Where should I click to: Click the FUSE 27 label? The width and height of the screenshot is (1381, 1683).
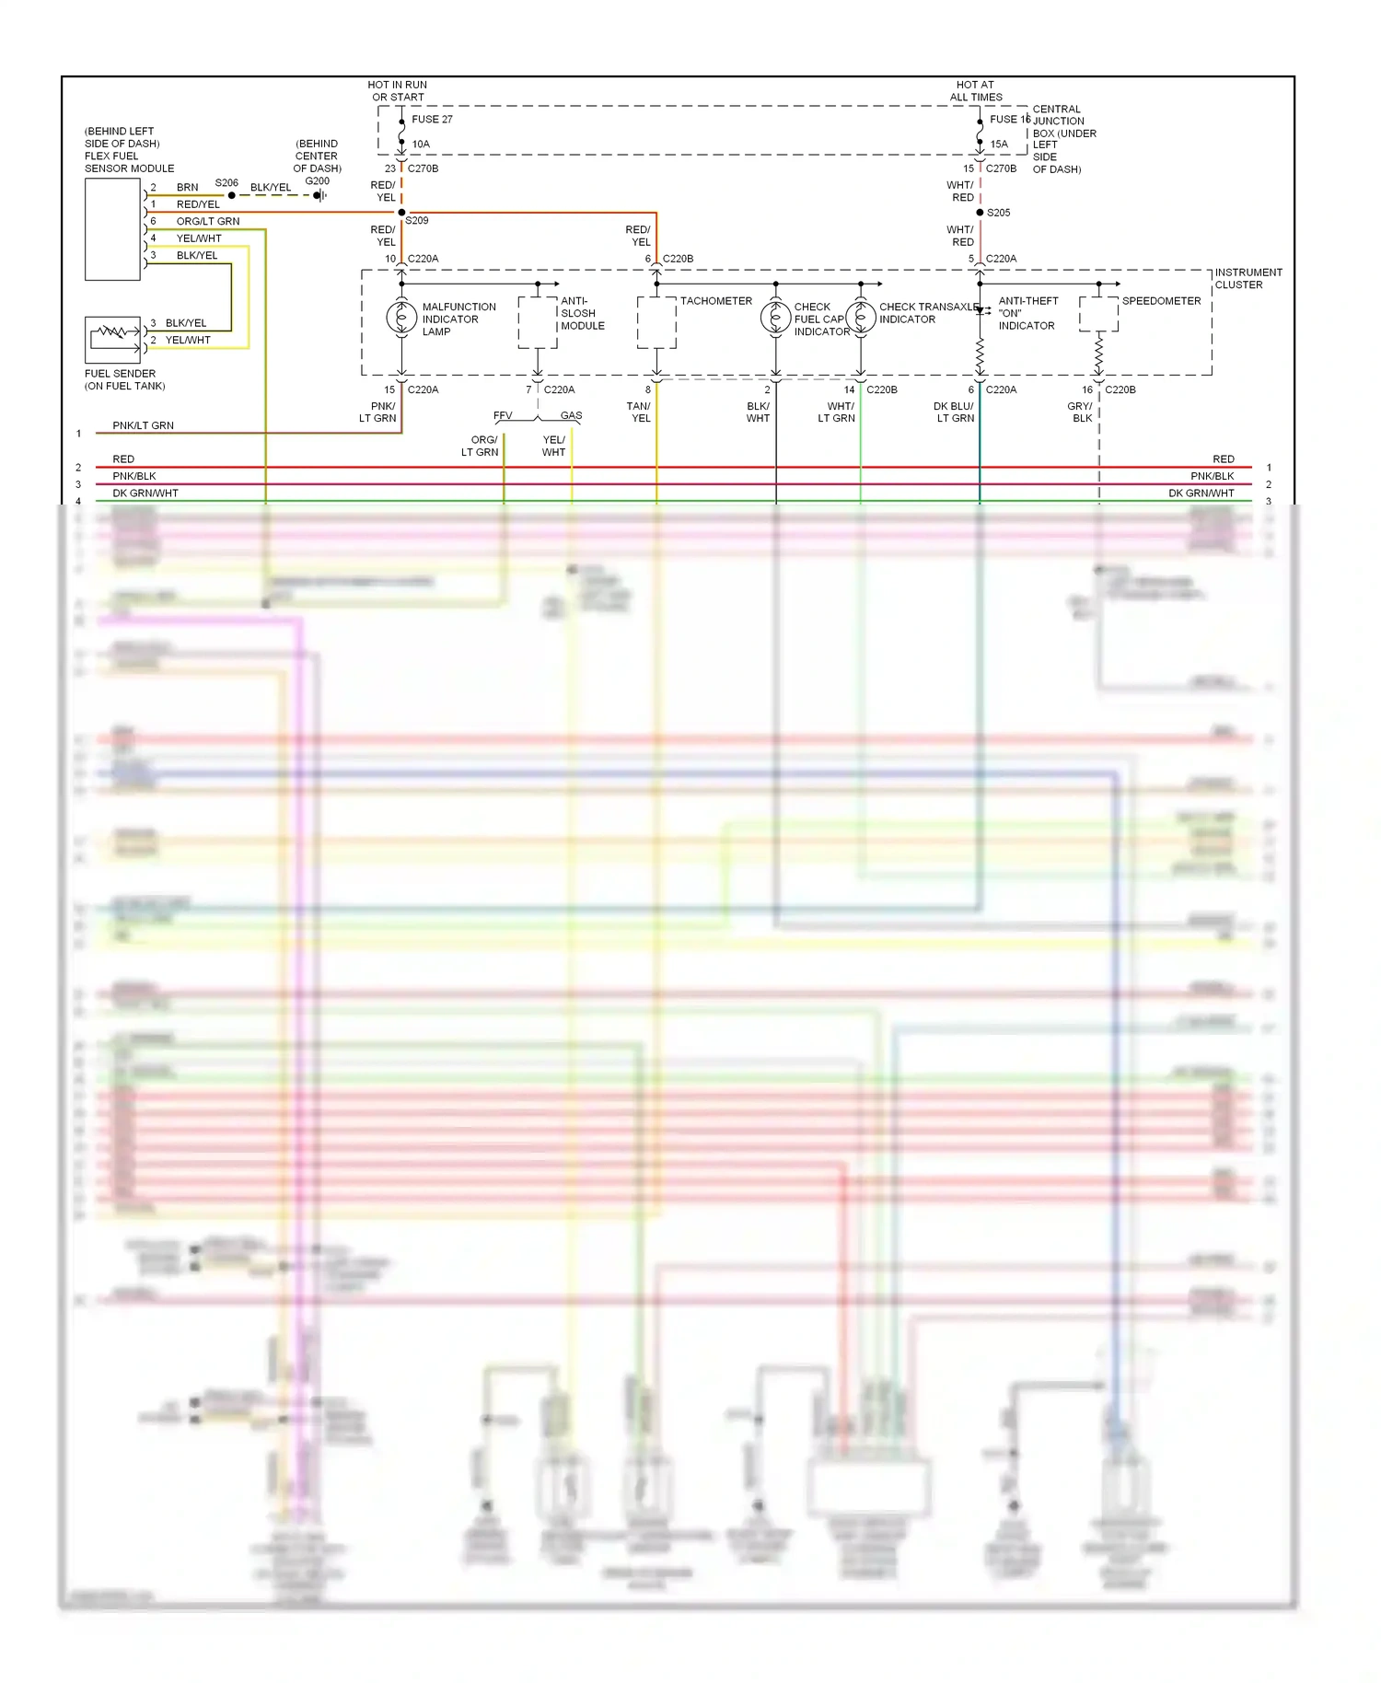coord(432,119)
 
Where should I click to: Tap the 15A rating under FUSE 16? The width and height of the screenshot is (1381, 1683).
coord(999,144)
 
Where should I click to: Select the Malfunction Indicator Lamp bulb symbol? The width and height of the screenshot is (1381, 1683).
coord(401,318)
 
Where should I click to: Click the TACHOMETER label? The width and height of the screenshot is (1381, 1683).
coord(715,301)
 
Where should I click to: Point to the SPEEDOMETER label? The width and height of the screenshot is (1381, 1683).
coord(1161,301)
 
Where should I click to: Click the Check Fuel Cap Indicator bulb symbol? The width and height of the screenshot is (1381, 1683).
coord(775,318)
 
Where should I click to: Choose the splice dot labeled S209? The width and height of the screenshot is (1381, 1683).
coord(401,213)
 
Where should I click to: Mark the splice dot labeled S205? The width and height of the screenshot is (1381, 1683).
coord(980,213)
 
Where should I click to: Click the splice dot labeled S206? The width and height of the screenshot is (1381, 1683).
coord(231,195)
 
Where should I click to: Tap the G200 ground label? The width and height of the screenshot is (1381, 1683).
coord(318,181)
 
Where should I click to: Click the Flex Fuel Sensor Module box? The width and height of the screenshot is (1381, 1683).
coord(112,229)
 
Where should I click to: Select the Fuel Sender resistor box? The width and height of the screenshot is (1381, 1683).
coord(112,339)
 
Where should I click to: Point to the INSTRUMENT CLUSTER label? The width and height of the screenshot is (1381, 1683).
coord(1248,278)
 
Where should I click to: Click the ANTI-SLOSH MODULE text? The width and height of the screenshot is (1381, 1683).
coord(582,313)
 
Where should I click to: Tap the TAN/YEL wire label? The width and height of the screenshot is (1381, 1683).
coord(639,412)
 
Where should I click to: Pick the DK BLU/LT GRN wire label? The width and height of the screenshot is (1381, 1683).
coord(954,412)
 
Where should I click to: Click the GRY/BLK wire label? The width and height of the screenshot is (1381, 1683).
coord(1081,412)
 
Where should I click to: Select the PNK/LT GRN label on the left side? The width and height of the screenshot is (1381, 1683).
coord(143,425)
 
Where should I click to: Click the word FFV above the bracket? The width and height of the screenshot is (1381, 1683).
coord(503,415)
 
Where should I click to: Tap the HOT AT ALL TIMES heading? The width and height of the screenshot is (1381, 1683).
coord(976,90)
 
